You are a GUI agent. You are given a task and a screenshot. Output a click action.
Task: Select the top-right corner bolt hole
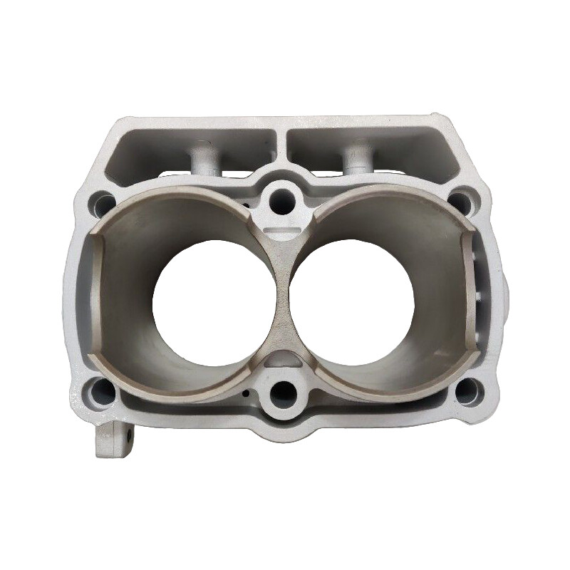[462, 202]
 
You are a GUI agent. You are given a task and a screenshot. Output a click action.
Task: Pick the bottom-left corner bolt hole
[102, 391]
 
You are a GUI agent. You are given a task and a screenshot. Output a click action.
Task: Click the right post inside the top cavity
[356, 158]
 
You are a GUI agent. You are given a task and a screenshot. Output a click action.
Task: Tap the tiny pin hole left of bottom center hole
[246, 392]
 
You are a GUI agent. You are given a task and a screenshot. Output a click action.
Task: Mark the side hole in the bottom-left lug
[131, 433]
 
